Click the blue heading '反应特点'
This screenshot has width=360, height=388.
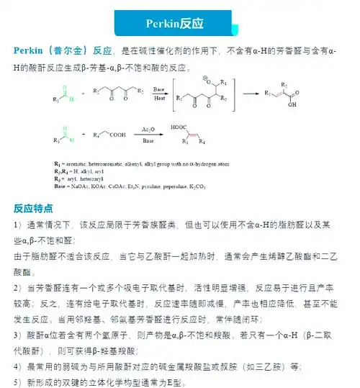pos(33,209)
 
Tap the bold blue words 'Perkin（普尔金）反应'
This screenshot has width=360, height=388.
pos(64,51)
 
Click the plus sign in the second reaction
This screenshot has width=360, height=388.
pos(82,135)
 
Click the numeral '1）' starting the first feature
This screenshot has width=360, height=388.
pos(19,225)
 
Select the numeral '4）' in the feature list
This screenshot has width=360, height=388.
pos(19,366)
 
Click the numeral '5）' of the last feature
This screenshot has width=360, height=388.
pos(19,382)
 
